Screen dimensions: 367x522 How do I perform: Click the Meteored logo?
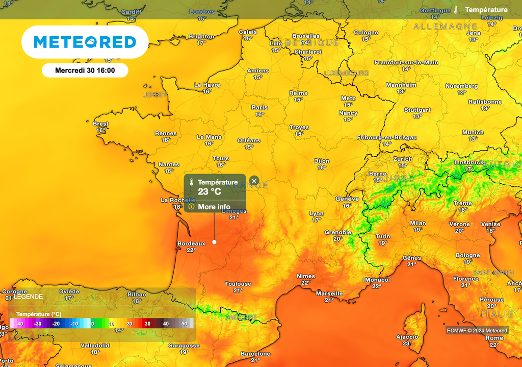click(x=85, y=42)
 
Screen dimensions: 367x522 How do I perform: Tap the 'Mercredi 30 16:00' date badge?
click(x=85, y=70)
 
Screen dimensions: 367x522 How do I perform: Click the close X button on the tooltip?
click(x=254, y=181)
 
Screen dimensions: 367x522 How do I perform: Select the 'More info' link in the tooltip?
click(x=214, y=207)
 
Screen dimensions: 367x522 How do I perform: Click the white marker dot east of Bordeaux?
click(x=214, y=242)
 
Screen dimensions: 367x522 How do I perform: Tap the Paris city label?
click(x=259, y=108)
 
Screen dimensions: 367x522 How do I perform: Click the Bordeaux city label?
click(x=191, y=243)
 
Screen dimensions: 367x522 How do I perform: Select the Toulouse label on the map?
click(x=238, y=284)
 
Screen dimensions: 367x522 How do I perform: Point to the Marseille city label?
click(x=329, y=293)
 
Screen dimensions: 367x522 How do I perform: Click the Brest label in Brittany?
click(x=100, y=124)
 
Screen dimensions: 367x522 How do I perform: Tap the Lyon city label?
click(x=317, y=213)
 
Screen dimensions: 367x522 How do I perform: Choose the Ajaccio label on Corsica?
click(x=407, y=337)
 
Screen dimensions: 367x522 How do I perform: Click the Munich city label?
click(x=473, y=132)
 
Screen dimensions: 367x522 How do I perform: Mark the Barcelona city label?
click(x=255, y=354)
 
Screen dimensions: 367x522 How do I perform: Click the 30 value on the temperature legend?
click(x=147, y=324)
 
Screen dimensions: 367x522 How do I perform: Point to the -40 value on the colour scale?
click(x=19, y=324)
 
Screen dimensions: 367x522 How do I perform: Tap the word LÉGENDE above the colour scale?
click(x=29, y=297)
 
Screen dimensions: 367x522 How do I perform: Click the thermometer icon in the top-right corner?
click(x=456, y=10)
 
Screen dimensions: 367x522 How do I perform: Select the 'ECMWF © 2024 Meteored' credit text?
click(x=477, y=331)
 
